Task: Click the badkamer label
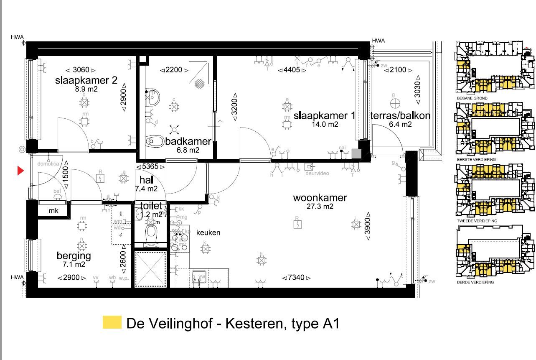click(x=188, y=141)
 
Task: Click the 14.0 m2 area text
click(x=325, y=124)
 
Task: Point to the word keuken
click(x=208, y=232)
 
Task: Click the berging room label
click(x=74, y=255)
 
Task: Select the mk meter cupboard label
click(x=53, y=211)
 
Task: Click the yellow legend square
click(x=112, y=322)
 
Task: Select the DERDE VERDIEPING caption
click(x=475, y=282)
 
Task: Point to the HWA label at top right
click(x=378, y=41)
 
